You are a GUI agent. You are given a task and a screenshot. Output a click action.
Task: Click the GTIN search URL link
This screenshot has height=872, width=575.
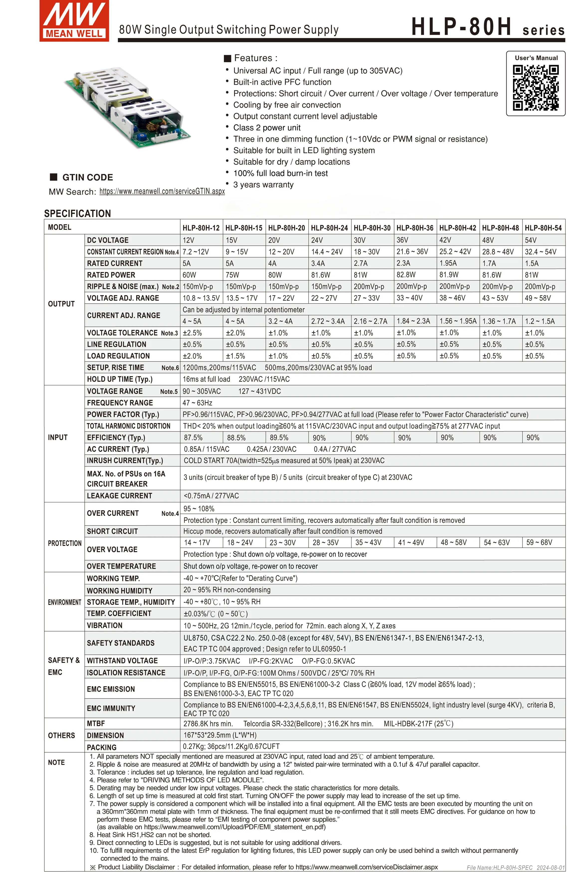pos(162,191)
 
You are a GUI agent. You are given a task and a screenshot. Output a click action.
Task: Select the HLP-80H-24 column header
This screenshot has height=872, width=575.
pos(329,228)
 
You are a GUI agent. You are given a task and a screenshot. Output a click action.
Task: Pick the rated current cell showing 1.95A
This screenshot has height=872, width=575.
pos(448,263)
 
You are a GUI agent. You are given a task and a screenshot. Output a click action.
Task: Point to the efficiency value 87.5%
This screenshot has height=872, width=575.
pos(193,438)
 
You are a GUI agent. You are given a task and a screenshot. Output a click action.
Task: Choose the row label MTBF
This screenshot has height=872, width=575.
pos(96,724)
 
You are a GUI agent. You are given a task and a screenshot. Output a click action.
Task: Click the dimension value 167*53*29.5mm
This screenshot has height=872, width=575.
pos(220,735)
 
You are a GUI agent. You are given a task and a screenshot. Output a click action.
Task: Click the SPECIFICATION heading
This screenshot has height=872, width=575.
pos(77,214)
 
